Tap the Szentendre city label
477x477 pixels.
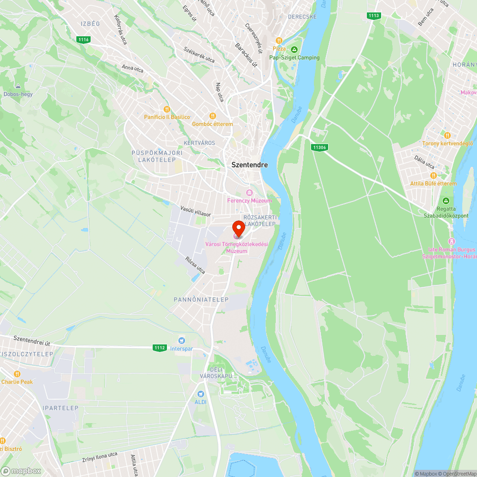(249, 165)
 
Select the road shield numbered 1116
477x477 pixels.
(84, 39)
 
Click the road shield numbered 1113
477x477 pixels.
(374, 16)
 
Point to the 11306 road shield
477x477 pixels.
(319, 147)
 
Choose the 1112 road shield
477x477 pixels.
(159, 348)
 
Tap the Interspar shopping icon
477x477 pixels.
(181, 341)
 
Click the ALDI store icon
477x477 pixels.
(201, 394)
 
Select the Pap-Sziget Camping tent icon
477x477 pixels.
(294, 50)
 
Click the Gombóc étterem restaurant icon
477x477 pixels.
(213, 116)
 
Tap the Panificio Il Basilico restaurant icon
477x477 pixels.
(166, 109)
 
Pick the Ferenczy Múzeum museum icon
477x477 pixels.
(249, 192)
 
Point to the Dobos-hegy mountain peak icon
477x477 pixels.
(18, 86)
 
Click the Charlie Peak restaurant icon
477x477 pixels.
(17, 374)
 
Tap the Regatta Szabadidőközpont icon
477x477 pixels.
(446, 201)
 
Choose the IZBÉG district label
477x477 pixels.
(90, 23)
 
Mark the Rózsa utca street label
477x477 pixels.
(195, 266)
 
